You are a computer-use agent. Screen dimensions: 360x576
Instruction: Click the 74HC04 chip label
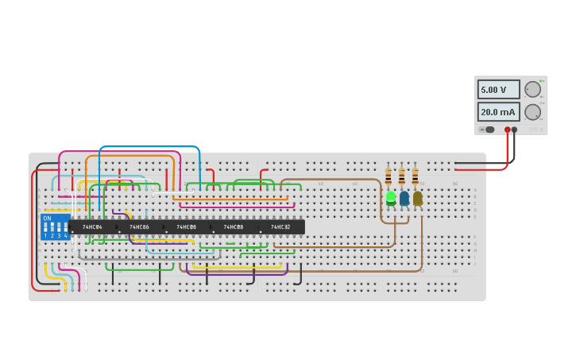coord(92,227)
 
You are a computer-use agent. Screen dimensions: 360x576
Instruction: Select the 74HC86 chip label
coord(139,227)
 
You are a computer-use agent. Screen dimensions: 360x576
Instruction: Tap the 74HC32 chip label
coord(280,227)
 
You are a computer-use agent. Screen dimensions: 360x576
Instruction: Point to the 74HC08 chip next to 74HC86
coord(186,227)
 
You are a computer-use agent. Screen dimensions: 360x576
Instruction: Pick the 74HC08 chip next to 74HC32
coord(233,227)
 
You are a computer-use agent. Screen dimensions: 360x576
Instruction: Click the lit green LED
coord(391,197)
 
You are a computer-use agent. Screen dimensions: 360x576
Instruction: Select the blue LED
coord(404,197)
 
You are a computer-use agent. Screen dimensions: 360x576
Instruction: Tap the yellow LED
coord(418,197)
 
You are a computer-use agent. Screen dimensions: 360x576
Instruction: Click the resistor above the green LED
coord(389,176)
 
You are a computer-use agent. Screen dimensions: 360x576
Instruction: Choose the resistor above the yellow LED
coord(415,176)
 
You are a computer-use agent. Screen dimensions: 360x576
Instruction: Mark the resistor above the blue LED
coord(402,176)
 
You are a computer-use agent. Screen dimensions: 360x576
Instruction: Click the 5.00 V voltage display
coord(499,90)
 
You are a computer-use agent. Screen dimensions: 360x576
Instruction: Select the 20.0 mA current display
coord(499,112)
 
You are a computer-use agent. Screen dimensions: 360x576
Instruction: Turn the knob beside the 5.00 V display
coord(532,89)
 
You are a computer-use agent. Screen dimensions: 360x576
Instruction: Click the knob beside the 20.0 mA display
coord(532,112)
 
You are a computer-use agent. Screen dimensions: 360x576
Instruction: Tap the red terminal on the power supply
coord(508,130)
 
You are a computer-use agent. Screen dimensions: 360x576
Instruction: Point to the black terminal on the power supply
coord(515,130)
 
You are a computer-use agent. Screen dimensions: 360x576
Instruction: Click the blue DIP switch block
coord(55,227)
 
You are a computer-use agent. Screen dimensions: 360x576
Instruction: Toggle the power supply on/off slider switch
coord(486,130)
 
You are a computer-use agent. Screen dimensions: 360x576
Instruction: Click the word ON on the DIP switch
coord(47,219)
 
